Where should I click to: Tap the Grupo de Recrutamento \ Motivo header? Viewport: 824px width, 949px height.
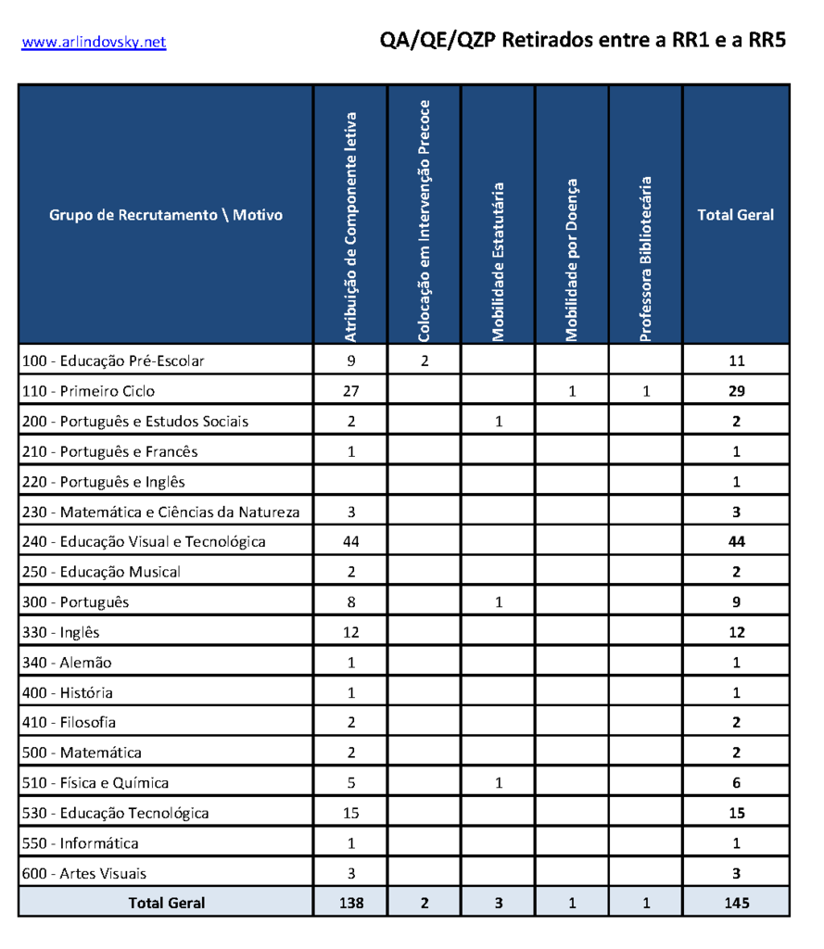[166, 215]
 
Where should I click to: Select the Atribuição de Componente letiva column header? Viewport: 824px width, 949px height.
[350, 227]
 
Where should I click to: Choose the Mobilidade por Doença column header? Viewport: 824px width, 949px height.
[572, 259]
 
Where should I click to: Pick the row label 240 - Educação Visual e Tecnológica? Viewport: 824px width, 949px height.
[144, 541]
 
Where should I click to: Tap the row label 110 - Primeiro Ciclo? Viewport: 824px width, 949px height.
[89, 391]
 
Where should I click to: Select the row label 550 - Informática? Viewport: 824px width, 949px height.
[81, 843]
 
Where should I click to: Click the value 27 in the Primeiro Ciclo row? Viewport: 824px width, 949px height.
[351, 391]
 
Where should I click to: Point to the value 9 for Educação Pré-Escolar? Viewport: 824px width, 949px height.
[351, 361]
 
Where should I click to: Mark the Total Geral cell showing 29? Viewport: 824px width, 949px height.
[736, 391]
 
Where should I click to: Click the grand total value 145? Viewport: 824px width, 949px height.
[736, 903]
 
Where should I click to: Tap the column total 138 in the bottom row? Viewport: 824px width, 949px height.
[351, 903]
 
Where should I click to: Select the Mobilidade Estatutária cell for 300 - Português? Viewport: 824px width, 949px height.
[499, 602]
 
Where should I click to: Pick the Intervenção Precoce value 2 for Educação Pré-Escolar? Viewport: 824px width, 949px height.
[425, 361]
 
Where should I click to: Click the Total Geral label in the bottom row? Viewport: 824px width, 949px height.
[167, 903]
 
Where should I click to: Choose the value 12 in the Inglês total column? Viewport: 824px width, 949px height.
[736, 632]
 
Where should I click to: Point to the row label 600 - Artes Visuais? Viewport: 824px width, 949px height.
[84, 873]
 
